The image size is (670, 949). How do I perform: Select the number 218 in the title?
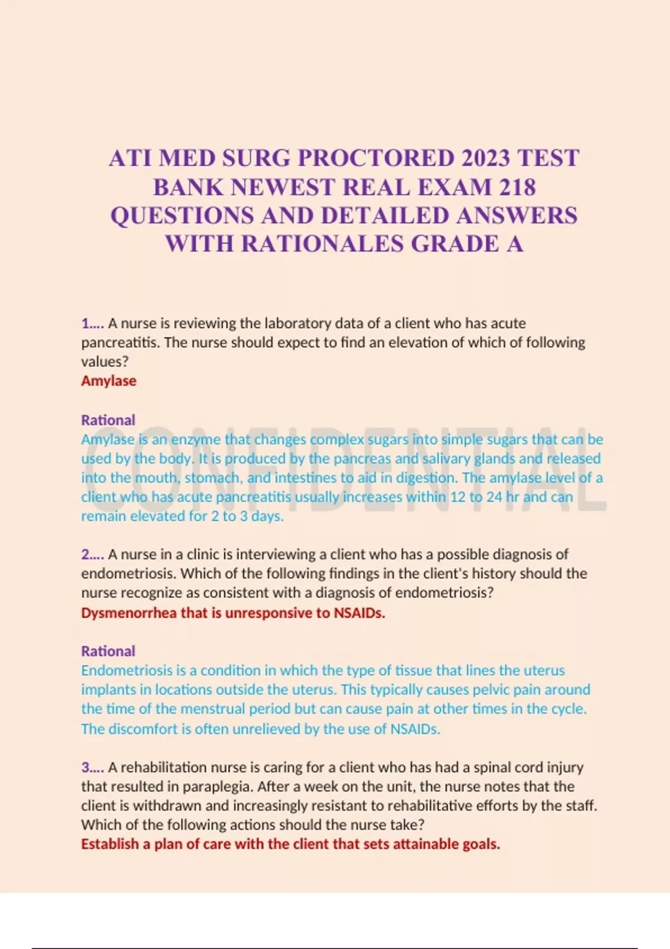coord(518,187)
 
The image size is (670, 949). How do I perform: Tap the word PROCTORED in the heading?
coord(376,159)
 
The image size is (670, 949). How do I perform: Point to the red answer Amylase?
coord(109,381)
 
